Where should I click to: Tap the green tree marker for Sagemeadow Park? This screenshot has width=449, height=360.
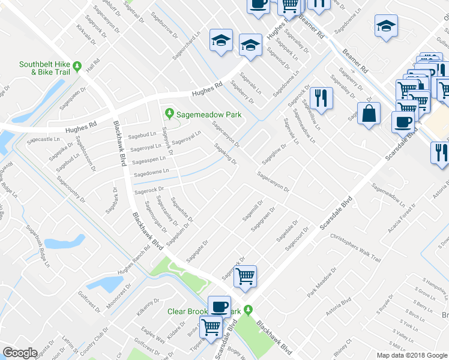170,113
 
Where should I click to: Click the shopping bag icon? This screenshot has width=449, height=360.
369,113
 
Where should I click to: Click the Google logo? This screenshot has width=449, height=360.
20,353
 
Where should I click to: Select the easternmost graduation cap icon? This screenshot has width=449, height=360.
386,26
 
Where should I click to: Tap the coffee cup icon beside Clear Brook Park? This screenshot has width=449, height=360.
219,306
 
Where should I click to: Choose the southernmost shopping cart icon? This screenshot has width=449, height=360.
211,328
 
